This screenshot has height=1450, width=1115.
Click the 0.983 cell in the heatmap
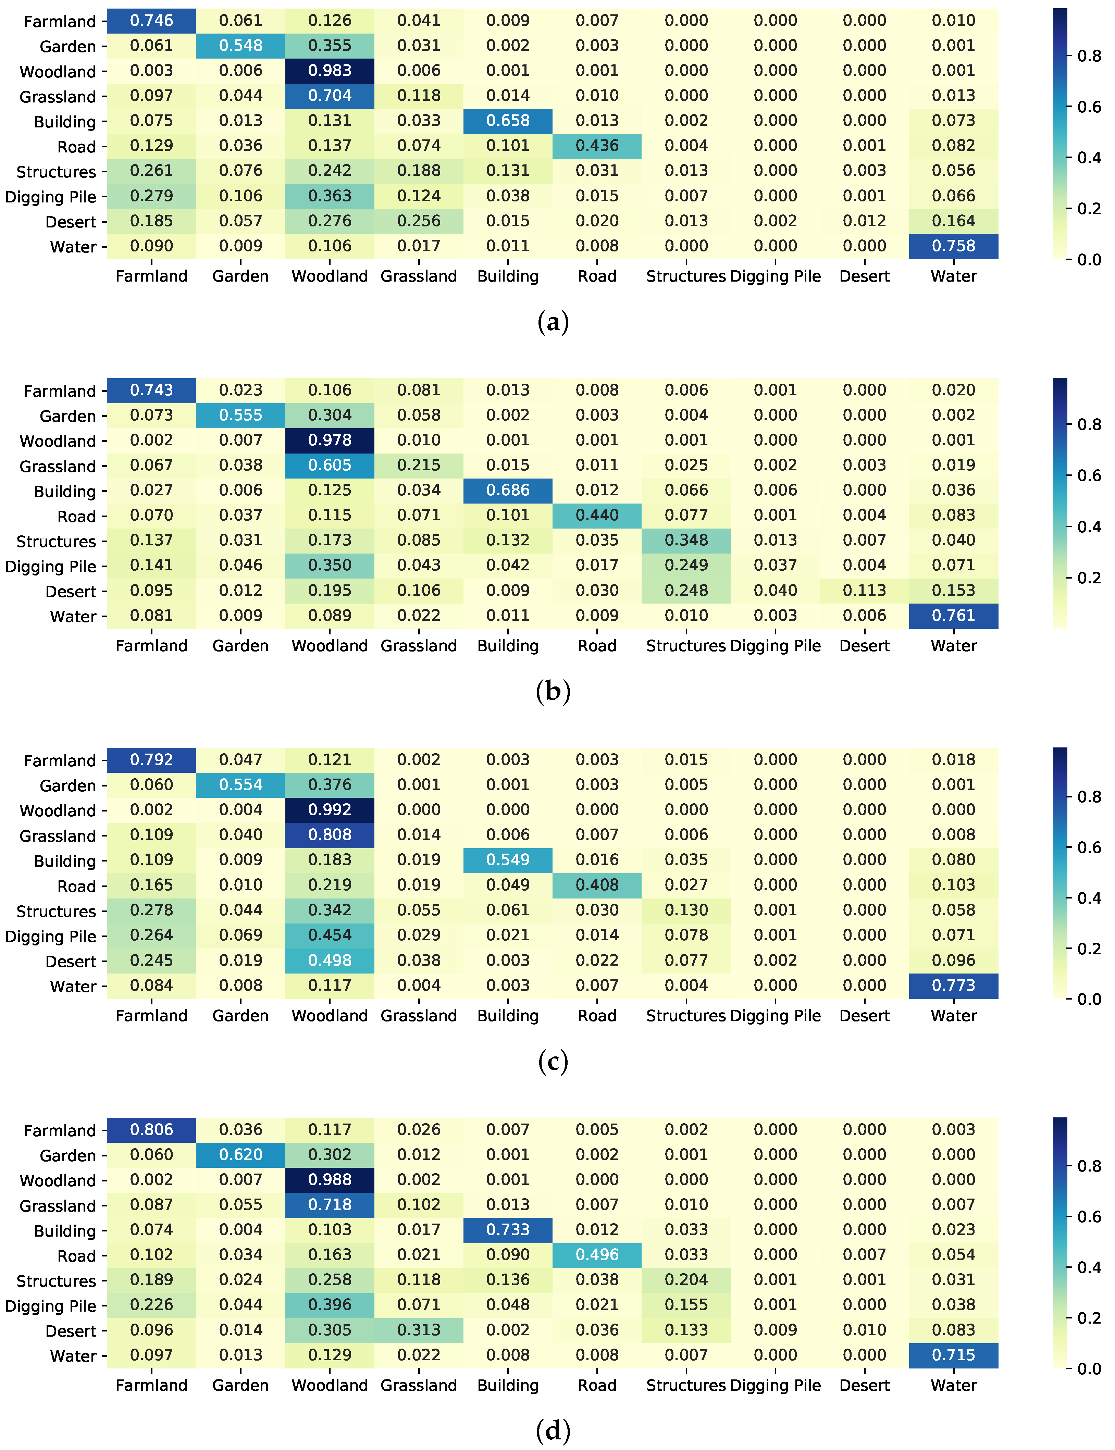[330, 71]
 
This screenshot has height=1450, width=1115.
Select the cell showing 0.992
[330, 810]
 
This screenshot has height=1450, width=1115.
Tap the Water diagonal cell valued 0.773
[953, 986]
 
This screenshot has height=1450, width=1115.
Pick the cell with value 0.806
[151, 1129]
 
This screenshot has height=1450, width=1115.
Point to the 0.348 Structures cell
[686, 540]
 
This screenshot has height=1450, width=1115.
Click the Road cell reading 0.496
[597, 1254]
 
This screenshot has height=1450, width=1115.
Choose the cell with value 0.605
[330, 465]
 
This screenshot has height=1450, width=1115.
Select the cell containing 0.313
[419, 1330]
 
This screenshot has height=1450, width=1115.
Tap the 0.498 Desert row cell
[330, 960]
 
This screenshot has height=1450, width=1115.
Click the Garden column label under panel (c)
[240, 1016]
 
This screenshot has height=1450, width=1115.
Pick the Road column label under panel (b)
[597, 646]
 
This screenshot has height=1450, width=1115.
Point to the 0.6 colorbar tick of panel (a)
[1089, 107]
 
